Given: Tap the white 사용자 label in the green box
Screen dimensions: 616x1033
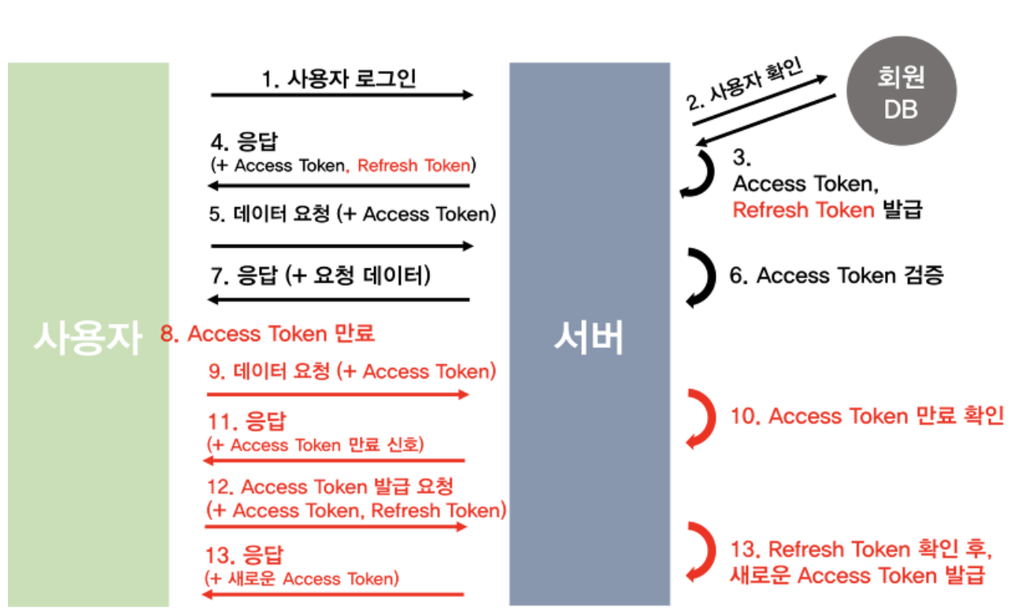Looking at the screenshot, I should tap(87, 338).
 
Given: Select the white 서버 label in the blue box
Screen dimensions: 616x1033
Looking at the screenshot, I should tap(588, 338).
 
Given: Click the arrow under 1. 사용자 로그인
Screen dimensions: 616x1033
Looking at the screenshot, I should tap(342, 95).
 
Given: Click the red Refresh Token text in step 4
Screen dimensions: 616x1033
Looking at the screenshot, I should tap(414, 165).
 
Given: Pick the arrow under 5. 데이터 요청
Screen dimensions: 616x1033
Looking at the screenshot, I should tap(342, 246).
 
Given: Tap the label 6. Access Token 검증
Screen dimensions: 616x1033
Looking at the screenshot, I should tap(836, 276).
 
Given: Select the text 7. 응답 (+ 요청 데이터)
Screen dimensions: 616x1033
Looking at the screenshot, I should tap(322, 276).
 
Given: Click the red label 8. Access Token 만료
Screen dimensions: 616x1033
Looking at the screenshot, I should tap(268, 333).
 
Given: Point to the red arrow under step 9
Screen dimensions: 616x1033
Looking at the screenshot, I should tap(338, 394).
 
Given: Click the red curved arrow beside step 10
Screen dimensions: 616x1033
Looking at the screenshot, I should tap(701, 417).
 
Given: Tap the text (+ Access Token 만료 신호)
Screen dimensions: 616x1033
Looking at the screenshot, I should tap(315, 444).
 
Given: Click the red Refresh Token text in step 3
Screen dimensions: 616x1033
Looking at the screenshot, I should tap(803, 210).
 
